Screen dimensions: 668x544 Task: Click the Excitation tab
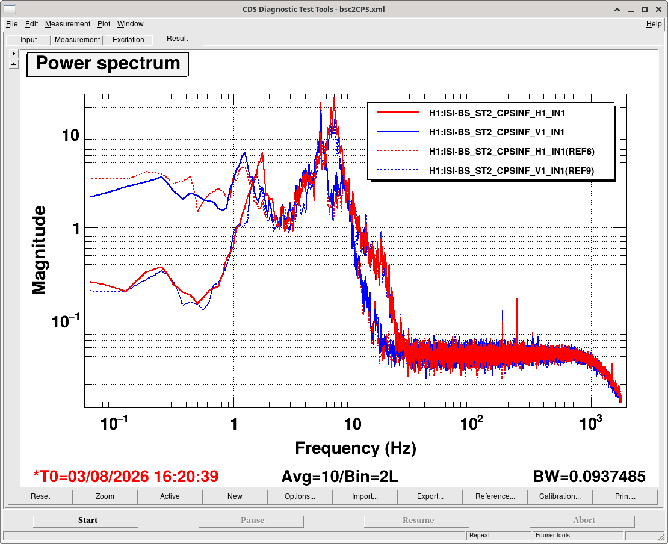coord(128,40)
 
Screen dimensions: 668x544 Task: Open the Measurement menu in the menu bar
coord(68,24)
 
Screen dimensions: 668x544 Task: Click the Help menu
coord(654,24)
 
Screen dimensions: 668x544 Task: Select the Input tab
coord(28,40)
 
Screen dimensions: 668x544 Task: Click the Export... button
coord(430,496)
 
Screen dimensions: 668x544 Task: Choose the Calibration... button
coord(560,496)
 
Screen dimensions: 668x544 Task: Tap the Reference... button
coord(495,496)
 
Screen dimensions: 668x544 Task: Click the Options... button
coord(300,496)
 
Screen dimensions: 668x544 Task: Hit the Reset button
coord(40,496)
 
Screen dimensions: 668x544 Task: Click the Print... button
coord(625,496)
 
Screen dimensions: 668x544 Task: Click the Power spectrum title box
coord(107,64)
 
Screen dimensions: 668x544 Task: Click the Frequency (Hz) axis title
coord(355,448)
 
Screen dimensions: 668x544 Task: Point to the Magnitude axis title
coord(39,250)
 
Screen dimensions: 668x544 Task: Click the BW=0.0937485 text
coord(589,476)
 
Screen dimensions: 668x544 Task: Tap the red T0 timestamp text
coord(126,476)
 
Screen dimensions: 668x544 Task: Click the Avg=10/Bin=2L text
coord(340,476)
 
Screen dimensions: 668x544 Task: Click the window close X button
coord(658,10)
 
